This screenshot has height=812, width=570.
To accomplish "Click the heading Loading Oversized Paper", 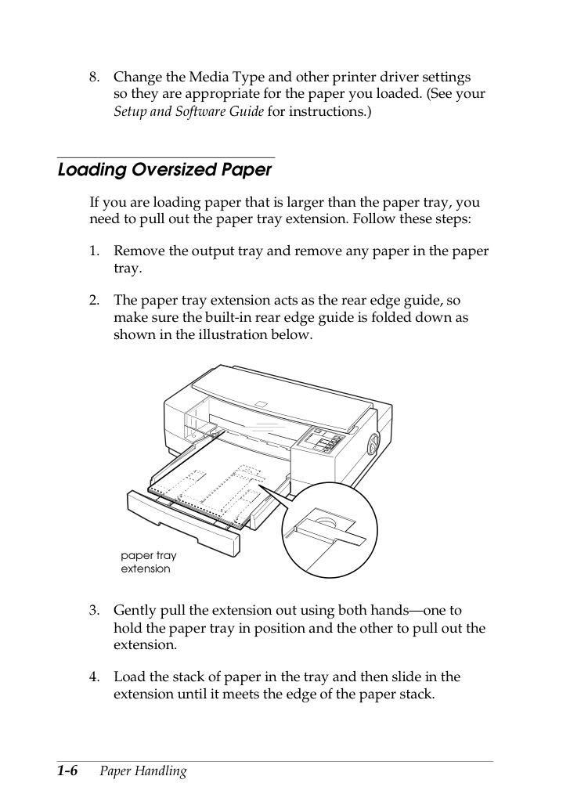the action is tap(164, 170).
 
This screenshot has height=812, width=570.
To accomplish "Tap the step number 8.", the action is tap(94, 78).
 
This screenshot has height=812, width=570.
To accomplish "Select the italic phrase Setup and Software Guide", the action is tap(189, 111).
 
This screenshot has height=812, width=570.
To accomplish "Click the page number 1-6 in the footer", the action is tap(67, 771).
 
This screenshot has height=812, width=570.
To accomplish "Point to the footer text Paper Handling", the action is tap(142, 771).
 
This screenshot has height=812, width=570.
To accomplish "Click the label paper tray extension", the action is tap(149, 562).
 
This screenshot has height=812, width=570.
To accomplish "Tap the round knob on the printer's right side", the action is tap(373, 445).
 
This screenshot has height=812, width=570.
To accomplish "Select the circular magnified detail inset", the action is tap(330, 530).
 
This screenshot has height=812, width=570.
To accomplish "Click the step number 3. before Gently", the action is tap(94, 611).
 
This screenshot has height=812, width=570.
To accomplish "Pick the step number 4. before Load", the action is tap(94, 677).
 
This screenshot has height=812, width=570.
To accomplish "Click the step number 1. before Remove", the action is tap(94, 251).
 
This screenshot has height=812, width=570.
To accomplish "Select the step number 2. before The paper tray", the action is tap(94, 301).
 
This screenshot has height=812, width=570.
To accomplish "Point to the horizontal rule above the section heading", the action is tap(166, 157).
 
